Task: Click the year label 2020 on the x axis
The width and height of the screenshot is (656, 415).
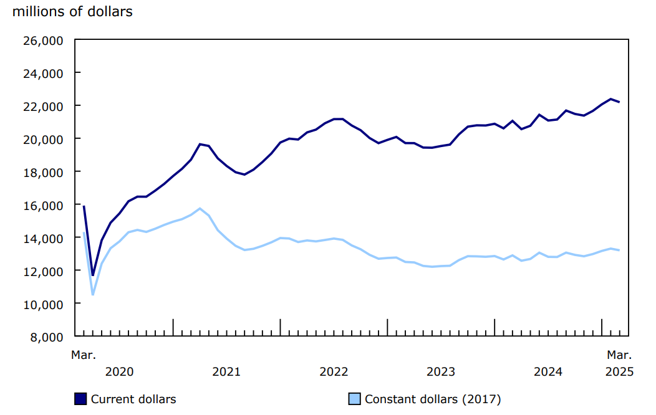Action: tap(119, 372)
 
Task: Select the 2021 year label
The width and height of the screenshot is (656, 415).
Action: tap(226, 372)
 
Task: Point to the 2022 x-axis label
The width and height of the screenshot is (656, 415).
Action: tap(334, 372)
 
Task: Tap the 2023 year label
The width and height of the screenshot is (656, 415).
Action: tap(441, 372)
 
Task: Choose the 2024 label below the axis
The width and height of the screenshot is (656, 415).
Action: tap(548, 372)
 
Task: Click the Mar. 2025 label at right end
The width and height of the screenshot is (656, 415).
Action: tap(619, 363)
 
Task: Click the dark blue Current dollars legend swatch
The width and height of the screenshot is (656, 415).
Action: tap(80, 399)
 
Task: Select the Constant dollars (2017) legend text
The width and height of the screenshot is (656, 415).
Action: tap(432, 399)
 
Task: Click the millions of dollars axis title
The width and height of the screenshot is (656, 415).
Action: tap(72, 11)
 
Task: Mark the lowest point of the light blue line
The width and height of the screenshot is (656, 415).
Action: tap(93, 294)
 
